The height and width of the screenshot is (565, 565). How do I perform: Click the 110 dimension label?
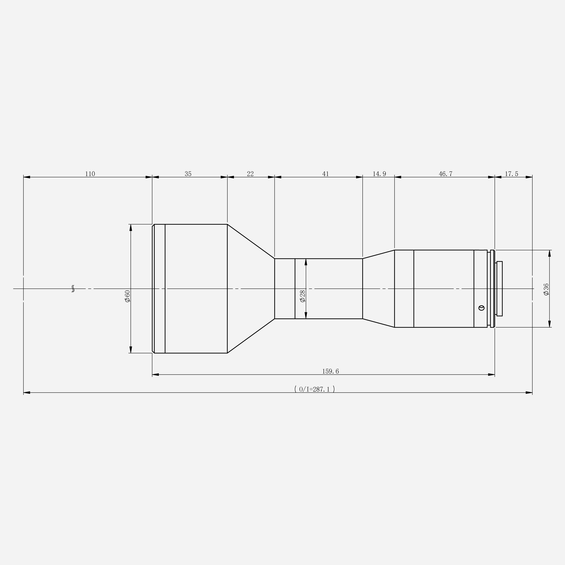pos(90,174)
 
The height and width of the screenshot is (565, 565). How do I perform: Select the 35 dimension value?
pos(188,174)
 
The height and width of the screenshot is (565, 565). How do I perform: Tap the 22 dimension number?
pos(250,174)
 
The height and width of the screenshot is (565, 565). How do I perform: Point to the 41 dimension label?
pos(325,174)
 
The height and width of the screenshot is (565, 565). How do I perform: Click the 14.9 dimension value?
pos(379,174)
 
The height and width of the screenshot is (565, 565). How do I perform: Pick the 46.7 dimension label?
pos(446,174)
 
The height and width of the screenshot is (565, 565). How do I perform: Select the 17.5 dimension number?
pos(511,174)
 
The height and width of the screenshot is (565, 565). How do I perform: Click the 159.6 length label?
pos(330,371)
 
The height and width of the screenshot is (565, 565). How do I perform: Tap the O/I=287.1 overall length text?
pos(315,389)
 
